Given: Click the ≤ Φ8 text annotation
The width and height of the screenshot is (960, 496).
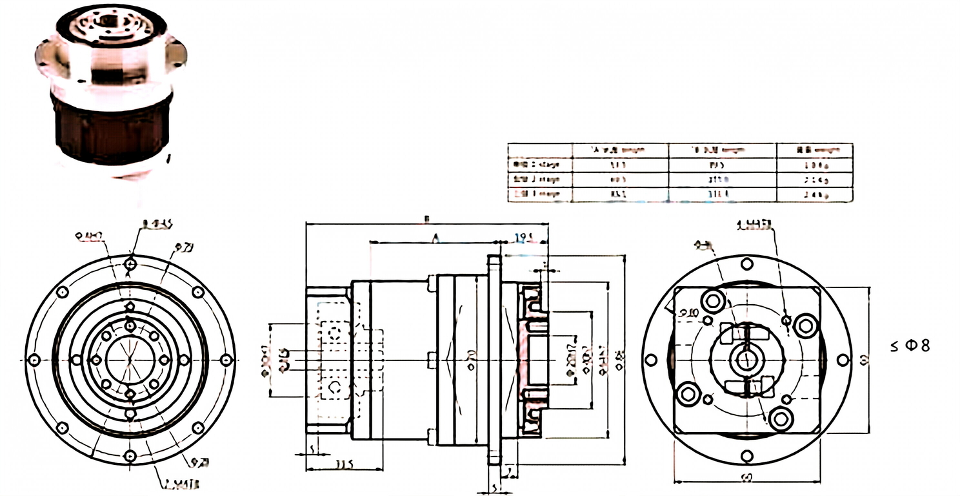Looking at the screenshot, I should (910, 346).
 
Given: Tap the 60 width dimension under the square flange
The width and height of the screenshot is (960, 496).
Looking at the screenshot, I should (748, 477).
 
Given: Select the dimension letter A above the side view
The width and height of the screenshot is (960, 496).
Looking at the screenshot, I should (436, 239).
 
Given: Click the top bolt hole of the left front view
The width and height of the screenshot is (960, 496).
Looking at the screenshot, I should (130, 263).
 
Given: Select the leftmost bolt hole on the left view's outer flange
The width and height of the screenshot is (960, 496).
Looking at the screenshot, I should (35, 359).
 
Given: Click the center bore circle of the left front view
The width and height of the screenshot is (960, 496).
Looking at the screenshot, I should (130, 359).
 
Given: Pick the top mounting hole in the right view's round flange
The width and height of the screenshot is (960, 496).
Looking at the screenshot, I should (747, 263).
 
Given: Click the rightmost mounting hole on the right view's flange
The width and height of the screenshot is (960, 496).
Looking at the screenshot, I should (843, 359).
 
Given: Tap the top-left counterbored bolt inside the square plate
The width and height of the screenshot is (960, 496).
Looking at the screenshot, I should (714, 300).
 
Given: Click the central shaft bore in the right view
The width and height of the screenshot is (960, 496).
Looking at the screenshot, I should (747, 359).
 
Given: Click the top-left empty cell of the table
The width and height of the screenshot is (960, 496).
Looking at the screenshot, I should (540, 149).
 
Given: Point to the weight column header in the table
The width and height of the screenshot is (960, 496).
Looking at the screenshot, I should (814, 149).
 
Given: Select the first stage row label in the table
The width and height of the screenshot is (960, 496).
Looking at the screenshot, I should (540, 164).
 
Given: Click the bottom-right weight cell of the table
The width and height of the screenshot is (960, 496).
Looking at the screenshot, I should (814, 194).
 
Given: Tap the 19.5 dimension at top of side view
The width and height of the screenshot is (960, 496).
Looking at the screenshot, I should (525, 238).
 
